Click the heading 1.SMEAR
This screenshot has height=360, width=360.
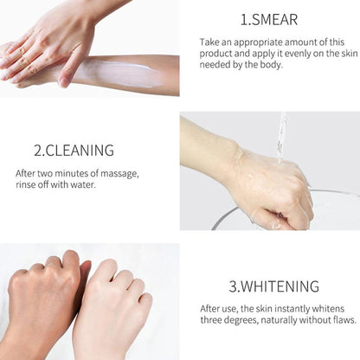269,19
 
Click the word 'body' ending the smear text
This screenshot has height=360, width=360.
268,64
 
